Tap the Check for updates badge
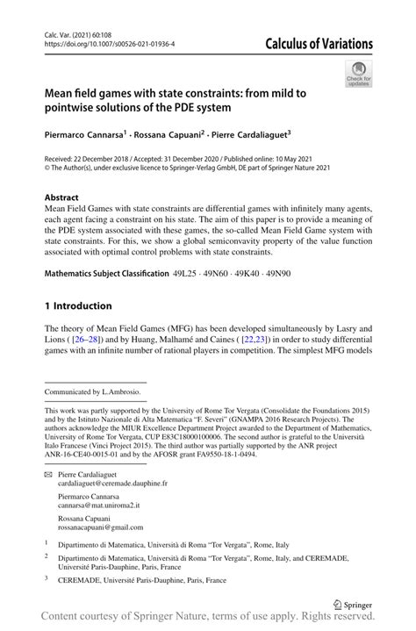coord(358,75)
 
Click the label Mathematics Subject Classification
coord(106,274)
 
